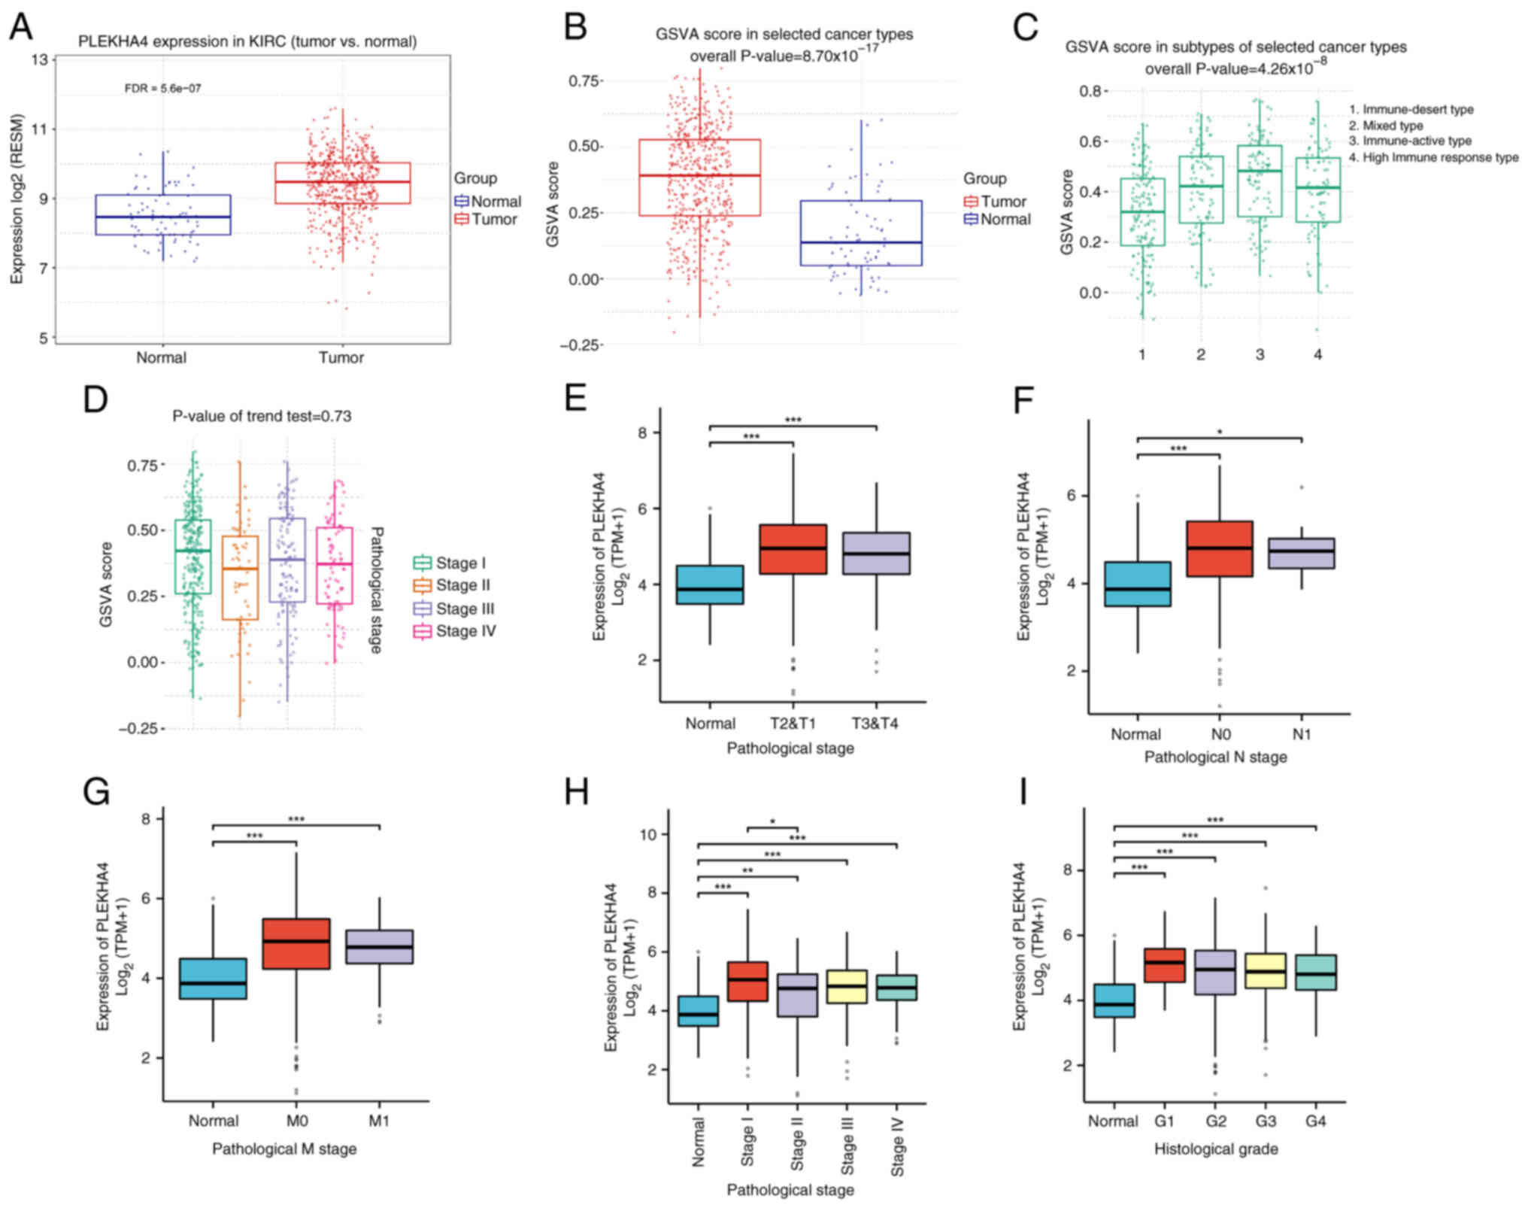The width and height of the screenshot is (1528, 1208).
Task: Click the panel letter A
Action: [20, 27]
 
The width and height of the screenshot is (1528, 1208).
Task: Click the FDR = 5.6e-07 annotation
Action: [162, 88]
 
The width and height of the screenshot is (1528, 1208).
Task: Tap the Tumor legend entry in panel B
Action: [995, 202]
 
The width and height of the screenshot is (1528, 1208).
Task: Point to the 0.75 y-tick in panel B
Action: [584, 80]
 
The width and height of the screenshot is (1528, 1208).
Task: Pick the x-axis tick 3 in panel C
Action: [1260, 354]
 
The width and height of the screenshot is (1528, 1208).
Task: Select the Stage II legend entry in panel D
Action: [453, 585]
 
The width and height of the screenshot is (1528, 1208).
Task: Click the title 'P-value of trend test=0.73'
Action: [262, 416]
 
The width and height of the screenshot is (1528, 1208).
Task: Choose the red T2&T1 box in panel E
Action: [793, 549]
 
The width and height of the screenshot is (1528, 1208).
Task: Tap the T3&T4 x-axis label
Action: [875, 724]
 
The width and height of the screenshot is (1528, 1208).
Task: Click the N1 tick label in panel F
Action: [1301, 734]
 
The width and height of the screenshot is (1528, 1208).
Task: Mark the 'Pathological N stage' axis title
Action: [1215, 757]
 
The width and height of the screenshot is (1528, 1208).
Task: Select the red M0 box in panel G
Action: [296, 943]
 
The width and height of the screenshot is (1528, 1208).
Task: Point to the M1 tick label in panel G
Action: [379, 1121]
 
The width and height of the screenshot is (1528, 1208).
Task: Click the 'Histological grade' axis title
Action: [1215, 1149]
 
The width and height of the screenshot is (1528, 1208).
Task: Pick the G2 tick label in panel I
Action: [1215, 1121]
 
